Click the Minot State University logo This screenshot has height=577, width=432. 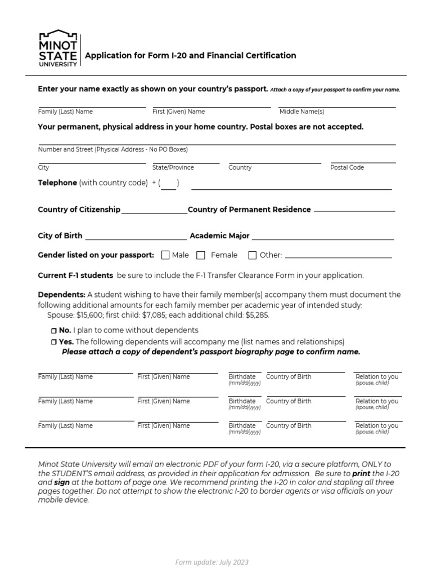tap(58, 49)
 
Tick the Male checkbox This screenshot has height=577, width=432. tap(165, 255)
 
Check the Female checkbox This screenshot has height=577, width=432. tap(201, 255)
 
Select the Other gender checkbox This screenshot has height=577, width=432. tap(253, 255)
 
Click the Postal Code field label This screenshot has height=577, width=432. tap(347, 167)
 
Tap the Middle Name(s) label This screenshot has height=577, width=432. tap(301, 112)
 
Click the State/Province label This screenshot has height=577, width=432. tap(173, 167)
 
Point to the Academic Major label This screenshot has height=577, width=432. tap(219, 236)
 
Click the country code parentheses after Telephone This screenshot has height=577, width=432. tap(168, 183)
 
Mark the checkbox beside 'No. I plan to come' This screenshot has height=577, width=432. tap(54, 331)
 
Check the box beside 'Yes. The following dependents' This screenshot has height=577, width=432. tap(54, 343)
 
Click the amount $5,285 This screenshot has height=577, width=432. tap(257, 316)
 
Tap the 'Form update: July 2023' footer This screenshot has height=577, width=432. tap(211, 562)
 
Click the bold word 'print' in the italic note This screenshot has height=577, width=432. tap(361, 474)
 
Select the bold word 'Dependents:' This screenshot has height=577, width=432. tap(61, 295)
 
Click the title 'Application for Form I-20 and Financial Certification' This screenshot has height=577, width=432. tap(190, 55)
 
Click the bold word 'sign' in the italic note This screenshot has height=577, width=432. tap(61, 483)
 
